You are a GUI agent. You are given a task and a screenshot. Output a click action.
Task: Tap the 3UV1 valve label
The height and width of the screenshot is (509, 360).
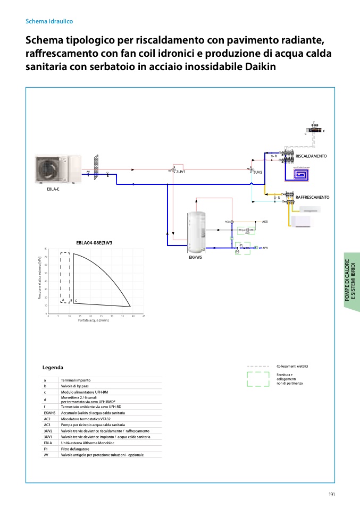[180, 172]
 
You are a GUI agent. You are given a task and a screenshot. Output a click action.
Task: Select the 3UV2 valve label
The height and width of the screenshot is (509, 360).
[258, 172]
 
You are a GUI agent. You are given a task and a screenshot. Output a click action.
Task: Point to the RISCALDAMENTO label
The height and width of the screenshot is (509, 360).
[311, 156]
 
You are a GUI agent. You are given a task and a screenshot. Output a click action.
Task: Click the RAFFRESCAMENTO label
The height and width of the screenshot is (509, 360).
[313, 197]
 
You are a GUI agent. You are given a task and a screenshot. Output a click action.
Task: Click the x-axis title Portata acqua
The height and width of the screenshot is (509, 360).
[94, 320]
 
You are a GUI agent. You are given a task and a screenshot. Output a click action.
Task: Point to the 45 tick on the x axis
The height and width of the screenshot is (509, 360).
[144, 316]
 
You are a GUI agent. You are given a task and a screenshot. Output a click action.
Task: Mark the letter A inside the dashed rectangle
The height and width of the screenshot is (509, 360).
[63, 300]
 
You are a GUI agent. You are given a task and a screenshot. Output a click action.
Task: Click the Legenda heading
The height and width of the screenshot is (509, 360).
[53, 368]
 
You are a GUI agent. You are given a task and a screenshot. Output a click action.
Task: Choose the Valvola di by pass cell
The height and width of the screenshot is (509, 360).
[76, 386]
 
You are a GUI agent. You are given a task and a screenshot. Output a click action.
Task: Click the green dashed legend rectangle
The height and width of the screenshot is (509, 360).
[258, 379]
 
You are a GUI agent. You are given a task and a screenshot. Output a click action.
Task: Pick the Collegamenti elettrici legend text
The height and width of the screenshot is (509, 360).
[292, 366]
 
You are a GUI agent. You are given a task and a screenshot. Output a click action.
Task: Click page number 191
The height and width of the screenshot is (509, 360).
[331, 495]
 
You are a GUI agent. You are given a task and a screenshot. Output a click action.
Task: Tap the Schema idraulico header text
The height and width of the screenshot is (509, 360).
[49, 21]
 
